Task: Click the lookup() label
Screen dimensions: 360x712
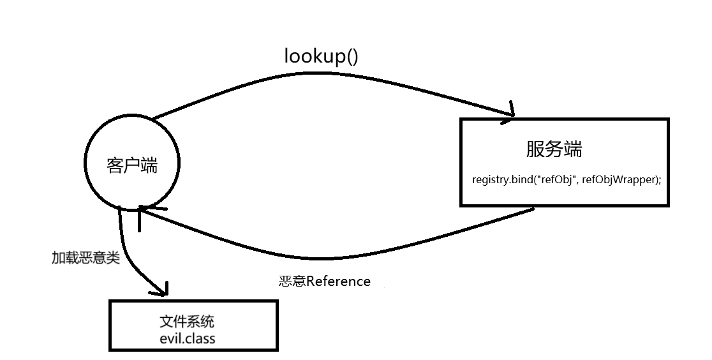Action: coord(321,56)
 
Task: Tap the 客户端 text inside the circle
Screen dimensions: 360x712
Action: coord(131,166)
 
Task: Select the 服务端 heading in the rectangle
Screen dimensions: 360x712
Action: coord(554,149)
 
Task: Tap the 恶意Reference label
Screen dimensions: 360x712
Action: coord(324,281)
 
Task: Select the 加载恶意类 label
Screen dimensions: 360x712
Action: coord(85,258)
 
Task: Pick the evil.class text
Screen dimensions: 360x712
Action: coord(188,337)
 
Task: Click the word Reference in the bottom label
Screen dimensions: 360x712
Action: coord(338,281)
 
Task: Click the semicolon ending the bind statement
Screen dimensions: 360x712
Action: coord(660,181)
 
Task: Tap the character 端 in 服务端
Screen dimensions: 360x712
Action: coord(573,149)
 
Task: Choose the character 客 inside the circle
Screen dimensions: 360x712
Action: coord(114,166)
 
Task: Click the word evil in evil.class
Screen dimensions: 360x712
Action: coord(171,337)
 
